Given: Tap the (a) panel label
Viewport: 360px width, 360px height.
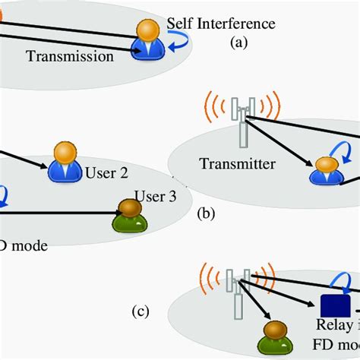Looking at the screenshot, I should pyautogui.click(x=239, y=44).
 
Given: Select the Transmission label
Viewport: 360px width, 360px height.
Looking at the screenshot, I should pyautogui.click(x=69, y=55).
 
